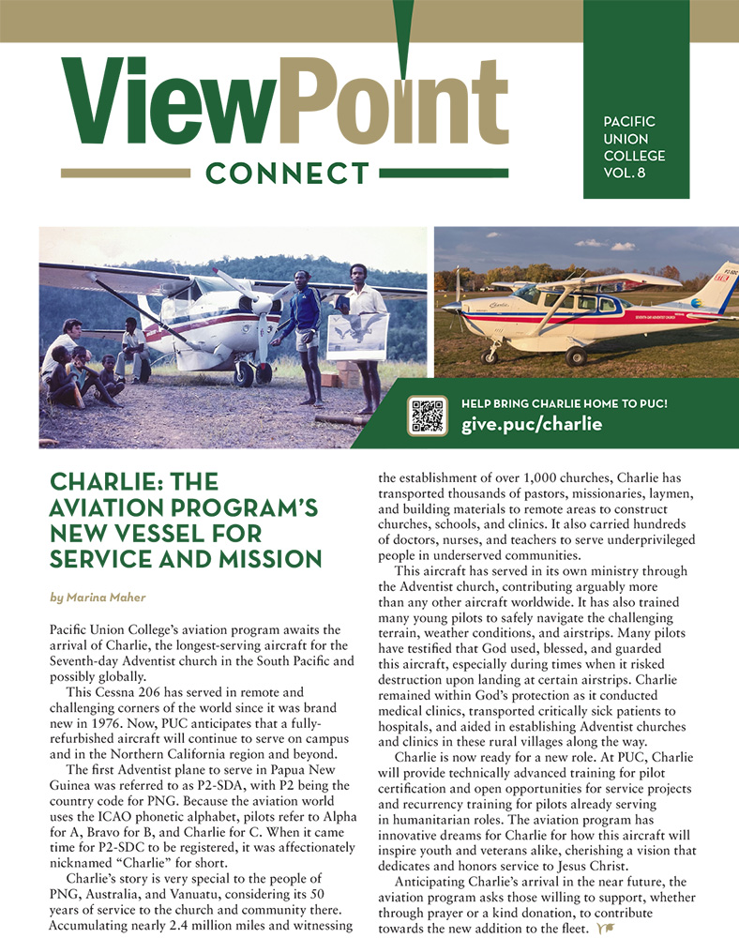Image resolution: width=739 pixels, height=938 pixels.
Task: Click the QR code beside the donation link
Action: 427,416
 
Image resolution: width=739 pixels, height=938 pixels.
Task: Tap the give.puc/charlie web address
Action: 531,425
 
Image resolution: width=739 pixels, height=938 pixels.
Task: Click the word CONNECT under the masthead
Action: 288,174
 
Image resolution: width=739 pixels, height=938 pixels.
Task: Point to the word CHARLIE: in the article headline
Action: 102,483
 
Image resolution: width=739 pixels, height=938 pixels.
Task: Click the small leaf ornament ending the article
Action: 606,928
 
